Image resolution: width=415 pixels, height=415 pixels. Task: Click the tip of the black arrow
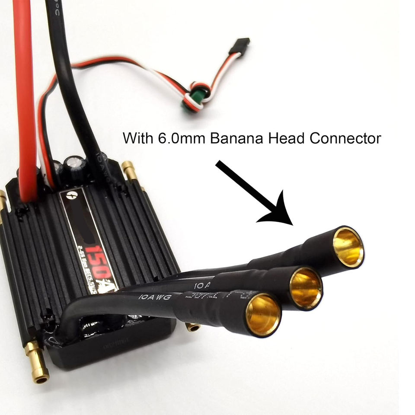(x=290, y=223)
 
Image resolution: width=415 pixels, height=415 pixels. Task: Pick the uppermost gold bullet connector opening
(x=348, y=246)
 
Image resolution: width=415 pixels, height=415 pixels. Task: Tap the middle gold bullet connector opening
(x=306, y=288)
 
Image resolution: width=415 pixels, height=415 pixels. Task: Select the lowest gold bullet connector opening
(x=263, y=314)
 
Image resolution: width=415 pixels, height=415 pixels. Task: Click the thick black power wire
(x=69, y=86)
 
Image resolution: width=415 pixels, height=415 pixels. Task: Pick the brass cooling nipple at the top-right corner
(x=128, y=170)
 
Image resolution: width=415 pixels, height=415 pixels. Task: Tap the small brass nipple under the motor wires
(x=193, y=326)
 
